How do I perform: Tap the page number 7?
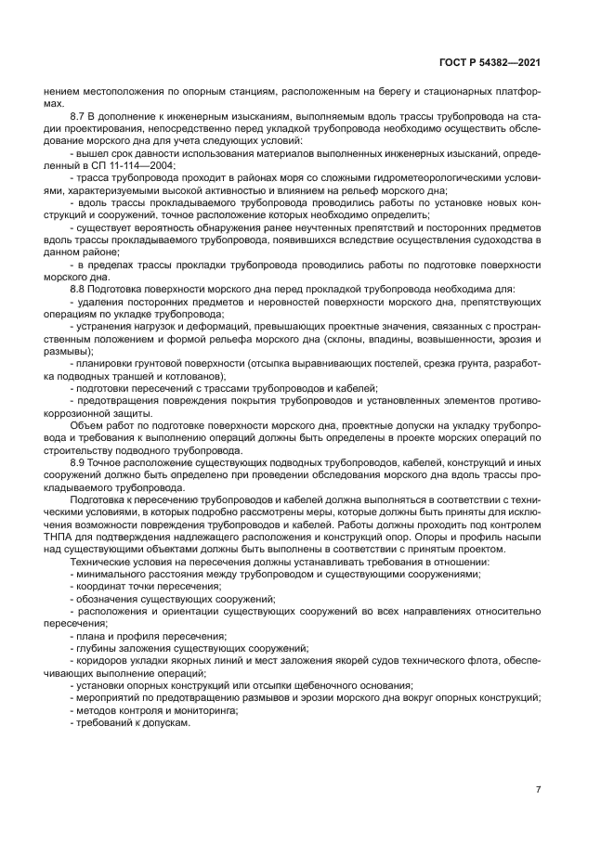click(538, 789)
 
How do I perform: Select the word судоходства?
click(496, 240)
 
